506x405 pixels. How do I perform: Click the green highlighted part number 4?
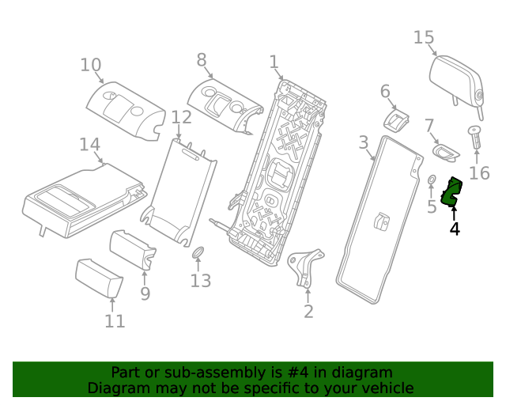pos(453,192)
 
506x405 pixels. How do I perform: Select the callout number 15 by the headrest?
pos(424,37)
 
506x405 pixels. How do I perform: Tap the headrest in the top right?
pos(456,80)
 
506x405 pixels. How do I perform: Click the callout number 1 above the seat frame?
pos(274,62)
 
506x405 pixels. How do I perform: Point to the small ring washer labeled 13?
pos(198,253)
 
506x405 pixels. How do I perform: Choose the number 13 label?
pos(201,281)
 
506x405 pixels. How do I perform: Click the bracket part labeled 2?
pos(305,267)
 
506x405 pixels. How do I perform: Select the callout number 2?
pos(308,311)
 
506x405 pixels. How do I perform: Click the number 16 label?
pos(479,173)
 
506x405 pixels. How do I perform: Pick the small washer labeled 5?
pos(432,183)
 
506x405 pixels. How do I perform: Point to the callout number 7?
pos(429,126)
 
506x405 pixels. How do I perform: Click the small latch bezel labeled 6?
pos(397,120)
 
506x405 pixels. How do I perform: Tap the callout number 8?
pos(202,59)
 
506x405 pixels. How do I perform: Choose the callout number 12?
pos(181,117)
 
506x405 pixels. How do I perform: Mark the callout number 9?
pos(145,293)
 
